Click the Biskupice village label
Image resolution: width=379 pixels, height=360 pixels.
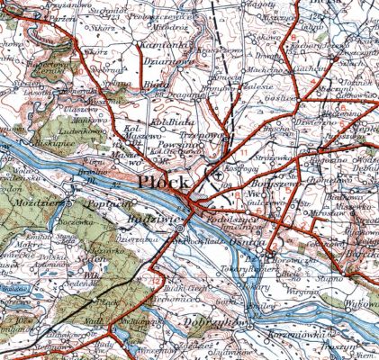pyautogui.click(x=39, y=141)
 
